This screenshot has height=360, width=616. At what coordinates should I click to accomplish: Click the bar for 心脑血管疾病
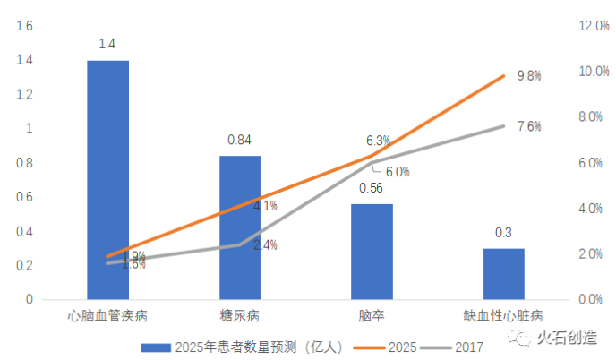coord(107,179)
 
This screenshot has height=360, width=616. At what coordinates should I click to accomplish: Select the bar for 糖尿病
coord(240,227)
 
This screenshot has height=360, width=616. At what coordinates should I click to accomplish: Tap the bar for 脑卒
coord(372,252)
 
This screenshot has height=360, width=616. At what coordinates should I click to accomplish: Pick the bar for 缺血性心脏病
coord(503,274)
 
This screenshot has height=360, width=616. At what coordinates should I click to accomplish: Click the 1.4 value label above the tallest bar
coord(107,43)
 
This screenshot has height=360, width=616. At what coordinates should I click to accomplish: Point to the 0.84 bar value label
coord(239,140)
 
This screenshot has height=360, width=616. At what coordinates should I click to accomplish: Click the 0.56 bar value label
coord(371,188)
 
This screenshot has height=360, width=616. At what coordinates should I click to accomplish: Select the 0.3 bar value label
coord(503,233)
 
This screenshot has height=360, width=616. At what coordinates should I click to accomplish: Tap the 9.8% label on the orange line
coord(529,76)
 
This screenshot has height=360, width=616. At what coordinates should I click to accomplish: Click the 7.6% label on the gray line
coord(529,126)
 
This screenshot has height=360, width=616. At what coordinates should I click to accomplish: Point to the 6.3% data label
coord(378,141)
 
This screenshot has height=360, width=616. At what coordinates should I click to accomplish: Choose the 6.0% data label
coord(398,172)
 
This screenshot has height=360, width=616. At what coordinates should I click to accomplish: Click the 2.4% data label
coord(265,244)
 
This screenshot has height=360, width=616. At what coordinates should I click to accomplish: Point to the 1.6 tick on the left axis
coord(25,27)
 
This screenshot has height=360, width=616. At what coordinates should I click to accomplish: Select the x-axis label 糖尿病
coord(239,315)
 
